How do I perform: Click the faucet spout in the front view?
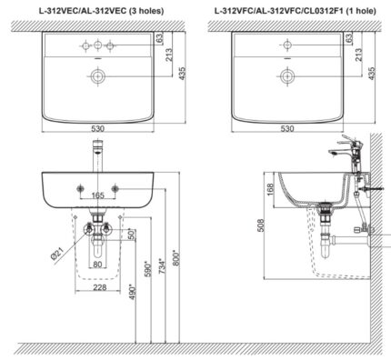tap(95, 157)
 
